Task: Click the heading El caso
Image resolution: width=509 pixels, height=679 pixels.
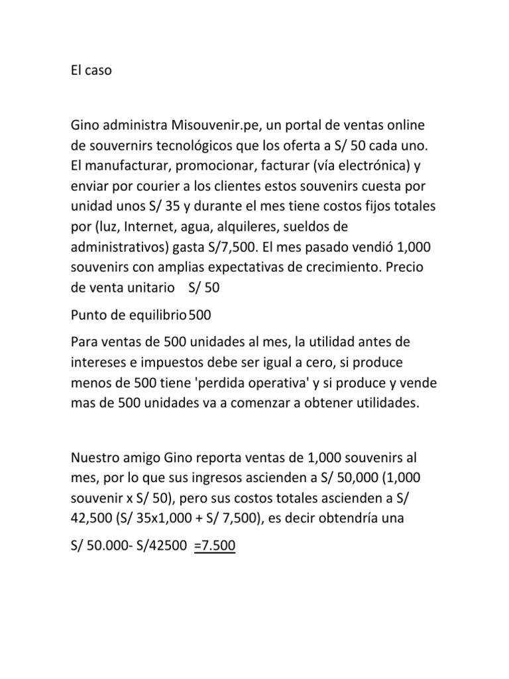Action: [91, 70]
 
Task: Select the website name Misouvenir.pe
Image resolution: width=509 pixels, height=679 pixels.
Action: [218, 125]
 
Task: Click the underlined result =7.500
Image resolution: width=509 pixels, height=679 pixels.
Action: [215, 546]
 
